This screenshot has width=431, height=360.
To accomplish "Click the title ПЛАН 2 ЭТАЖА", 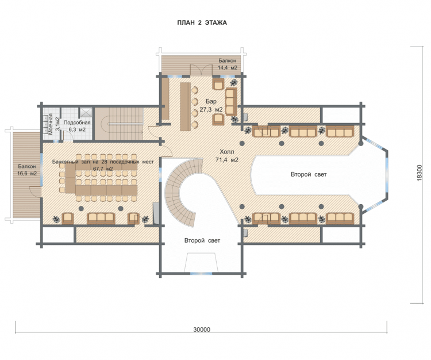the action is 202,22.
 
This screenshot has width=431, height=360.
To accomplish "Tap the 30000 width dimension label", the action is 202,330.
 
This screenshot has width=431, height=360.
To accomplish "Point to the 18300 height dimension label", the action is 419,173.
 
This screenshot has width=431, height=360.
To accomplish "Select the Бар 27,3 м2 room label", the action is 211,105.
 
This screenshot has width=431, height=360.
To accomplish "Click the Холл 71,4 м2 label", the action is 227,156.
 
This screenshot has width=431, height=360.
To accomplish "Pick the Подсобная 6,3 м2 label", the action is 77,126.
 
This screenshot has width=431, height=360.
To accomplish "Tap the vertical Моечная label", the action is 51,124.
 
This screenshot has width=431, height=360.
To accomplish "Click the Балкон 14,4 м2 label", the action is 228,64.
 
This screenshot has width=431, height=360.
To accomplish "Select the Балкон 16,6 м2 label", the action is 27,170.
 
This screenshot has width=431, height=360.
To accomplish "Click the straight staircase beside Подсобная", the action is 119,124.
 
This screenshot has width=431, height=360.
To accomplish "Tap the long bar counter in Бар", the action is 185,106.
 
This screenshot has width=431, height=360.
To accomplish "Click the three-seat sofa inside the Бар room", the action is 231,102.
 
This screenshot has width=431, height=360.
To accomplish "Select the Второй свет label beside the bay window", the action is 309,174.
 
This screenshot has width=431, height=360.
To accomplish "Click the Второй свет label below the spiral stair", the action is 202,240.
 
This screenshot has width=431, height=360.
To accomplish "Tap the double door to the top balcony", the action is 202,70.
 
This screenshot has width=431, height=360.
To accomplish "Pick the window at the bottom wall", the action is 202,273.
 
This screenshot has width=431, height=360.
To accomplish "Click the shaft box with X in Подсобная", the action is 86,113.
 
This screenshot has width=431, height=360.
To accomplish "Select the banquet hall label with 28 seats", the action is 103,165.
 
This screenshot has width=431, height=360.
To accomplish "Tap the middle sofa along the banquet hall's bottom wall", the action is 101,219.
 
